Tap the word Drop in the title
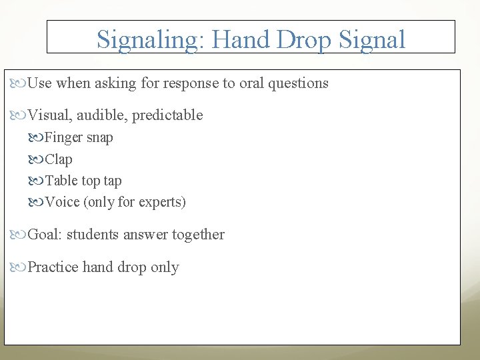pos(303,39)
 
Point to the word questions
pos(298,83)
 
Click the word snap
pos(100,138)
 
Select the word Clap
pos(59,159)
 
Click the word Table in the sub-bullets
pos(61,181)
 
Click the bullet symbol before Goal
pos(20,235)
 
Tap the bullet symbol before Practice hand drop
pos(20,267)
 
